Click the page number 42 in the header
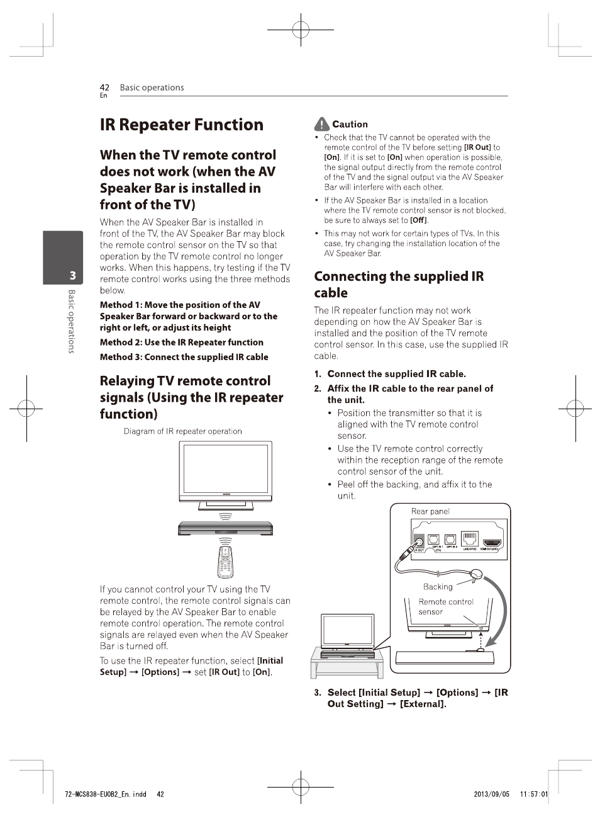click(x=104, y=88)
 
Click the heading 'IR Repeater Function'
click(x=181, y=125)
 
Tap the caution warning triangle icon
click(x=321, y=124)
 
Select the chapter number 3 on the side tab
click(x=72, y=275)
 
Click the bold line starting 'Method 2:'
click(x=181, y=342)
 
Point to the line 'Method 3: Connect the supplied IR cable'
click(x=184, y=357)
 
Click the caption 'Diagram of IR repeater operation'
click(x=182, y=431)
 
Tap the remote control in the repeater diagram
click(x=225, y=562)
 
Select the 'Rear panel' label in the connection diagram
click(x=430, y=511)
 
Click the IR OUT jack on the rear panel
click(x=419, y=541)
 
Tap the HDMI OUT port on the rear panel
click(x=491, y=541)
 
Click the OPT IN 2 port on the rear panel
click(x=450, y=540)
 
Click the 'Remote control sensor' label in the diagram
click(x=445, y=606)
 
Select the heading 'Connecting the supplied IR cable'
click(x=398, y=285)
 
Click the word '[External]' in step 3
click(x=423, y=704)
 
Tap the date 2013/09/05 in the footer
click(x=491, y=794)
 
